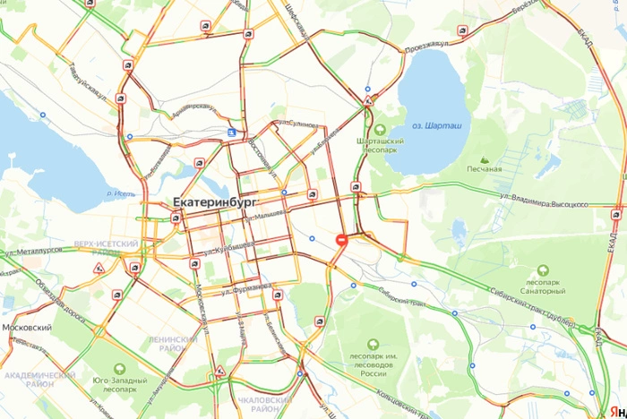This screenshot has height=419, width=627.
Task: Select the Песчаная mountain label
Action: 484,168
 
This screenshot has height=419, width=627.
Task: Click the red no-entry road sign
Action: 341,239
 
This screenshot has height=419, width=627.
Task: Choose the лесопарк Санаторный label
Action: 544,286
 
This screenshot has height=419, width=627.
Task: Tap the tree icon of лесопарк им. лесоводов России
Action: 374,343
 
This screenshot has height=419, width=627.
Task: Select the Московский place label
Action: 26,328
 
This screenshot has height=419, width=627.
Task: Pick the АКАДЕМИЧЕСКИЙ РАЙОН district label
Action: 39,379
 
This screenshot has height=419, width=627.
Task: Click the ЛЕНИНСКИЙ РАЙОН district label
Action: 174,344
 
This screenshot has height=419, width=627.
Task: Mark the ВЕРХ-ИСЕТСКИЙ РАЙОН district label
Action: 107,248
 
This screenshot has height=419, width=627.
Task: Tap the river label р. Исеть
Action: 120,192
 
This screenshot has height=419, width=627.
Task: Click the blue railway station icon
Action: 232,133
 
